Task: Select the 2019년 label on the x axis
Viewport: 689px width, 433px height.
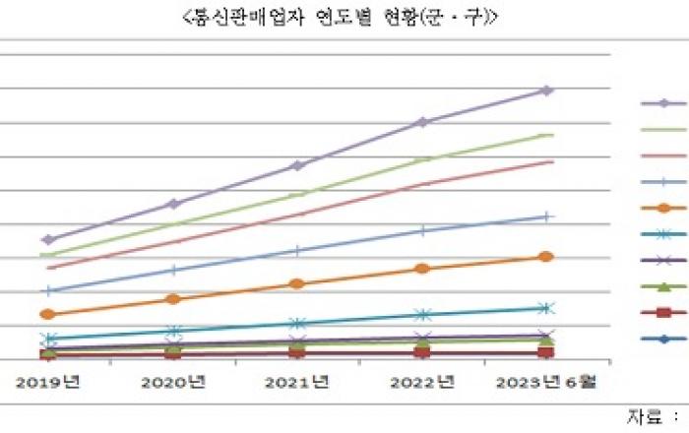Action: tap(47, 379)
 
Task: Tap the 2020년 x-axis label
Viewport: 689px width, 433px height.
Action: tap(173, 379)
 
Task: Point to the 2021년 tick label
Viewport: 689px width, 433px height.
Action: tap(297, 379)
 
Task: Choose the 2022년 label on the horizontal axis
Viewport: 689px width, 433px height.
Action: tap(422, 379)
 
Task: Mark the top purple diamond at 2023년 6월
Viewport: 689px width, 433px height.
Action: tap(547, 91)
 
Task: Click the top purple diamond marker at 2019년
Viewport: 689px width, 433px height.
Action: tap(47, 239)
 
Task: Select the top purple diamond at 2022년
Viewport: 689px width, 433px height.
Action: tap(422, 122)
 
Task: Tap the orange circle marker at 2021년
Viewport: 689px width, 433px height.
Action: tap(297, 283)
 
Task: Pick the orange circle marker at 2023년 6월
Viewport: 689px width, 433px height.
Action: tap(547, 257)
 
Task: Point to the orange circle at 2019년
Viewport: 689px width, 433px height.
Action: tap(47, 314)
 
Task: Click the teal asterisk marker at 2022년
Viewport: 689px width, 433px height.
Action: tap(422, 315)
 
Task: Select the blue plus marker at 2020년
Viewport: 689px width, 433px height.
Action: tap(173, 270)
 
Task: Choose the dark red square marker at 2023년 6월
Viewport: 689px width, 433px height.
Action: tap(547, 352)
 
